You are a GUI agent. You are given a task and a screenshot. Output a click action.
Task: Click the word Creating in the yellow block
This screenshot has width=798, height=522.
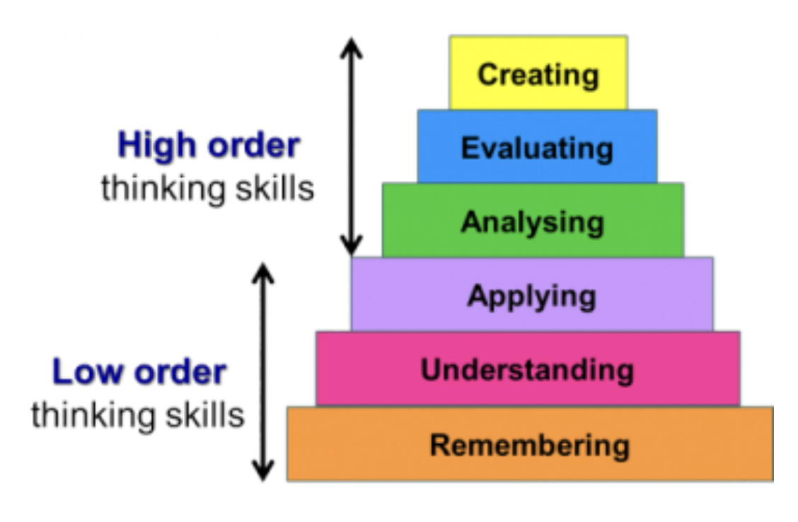[538, 74]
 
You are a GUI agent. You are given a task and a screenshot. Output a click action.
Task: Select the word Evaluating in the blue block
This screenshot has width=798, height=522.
[537, 149]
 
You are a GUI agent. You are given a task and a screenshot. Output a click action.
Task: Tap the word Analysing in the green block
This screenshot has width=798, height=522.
[533, 222]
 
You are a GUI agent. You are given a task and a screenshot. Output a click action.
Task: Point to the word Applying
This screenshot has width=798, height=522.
[531, 296]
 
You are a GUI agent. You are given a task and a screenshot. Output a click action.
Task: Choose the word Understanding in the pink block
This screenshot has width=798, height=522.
[528, 370]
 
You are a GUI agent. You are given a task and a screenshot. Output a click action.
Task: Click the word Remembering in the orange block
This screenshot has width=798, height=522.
[530, 446]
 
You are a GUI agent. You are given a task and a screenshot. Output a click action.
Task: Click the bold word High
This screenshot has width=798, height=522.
[156, 146]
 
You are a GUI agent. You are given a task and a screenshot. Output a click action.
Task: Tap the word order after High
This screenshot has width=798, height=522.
[253, 146]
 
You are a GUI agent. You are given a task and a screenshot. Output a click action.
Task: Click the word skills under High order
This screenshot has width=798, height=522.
[273, 189]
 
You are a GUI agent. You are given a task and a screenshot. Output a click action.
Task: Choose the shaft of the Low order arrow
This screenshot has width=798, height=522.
[263, 371]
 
